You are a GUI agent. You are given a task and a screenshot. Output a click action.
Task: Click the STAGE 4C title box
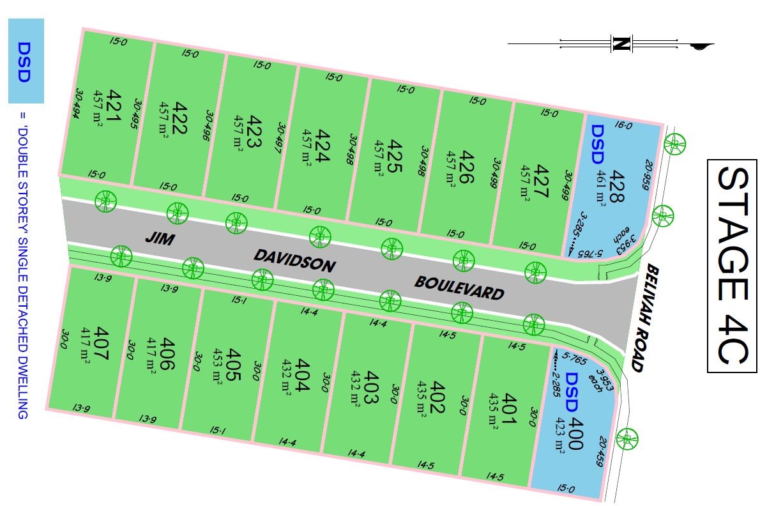(731, 266)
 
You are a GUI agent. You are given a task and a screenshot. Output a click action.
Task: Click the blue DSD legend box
(26, 61)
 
